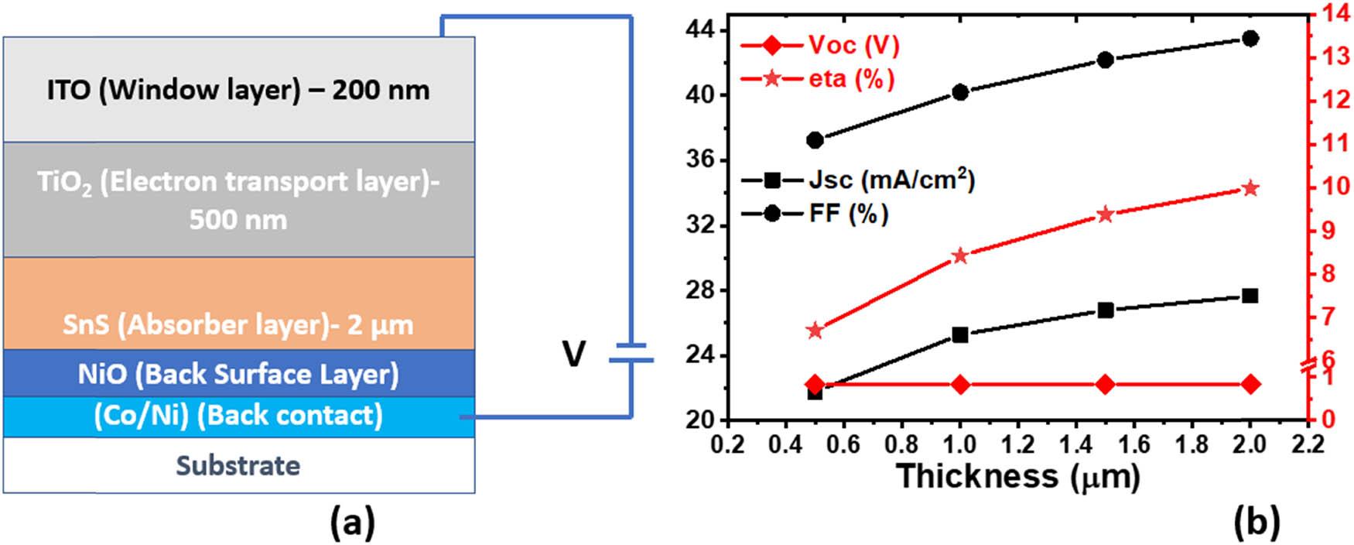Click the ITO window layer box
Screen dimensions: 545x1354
click(x=238, y=90)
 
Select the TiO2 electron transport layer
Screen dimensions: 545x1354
click(x=238, y=200)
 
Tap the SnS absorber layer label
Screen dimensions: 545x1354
click(x=238, y=324)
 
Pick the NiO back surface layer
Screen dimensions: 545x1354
click(x=238, y=374)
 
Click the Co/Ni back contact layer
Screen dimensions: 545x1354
click(x=238, y=416)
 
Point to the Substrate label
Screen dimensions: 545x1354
click(x=238, y=465)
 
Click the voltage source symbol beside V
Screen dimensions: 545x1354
click(x=631, y=353)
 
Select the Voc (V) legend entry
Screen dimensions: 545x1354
click(x=820, y=45)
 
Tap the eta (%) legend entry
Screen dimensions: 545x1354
click(x=817, y=78)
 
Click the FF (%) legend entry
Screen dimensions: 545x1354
click(x=815, y=213)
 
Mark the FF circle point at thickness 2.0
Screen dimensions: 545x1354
click(x=1250, y=39)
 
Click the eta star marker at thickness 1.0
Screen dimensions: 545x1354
click(x=960, y=256)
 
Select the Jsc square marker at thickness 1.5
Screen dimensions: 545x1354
click(x=1106, y=310)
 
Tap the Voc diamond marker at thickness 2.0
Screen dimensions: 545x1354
click(x=1250, y=384)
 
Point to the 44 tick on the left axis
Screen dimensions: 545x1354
click(x=700, y=31)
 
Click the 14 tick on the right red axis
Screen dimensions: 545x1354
click(x=1333, y=12)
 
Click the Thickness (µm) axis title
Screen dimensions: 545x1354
click(x=1018, y=476)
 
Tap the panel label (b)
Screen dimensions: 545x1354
click(x=1257, y=524)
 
